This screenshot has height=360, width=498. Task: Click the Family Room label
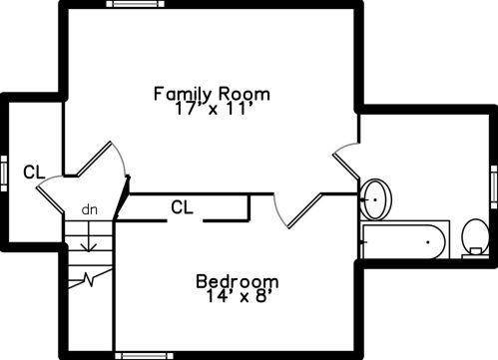212,94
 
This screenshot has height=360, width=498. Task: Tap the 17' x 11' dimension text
212,109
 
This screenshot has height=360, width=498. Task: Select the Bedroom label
238,282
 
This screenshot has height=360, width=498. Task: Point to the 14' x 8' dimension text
238,296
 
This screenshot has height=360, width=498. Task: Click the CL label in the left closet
34,173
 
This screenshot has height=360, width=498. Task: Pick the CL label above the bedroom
182,207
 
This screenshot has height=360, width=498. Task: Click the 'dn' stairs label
90,210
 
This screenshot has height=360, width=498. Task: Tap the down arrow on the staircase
89,236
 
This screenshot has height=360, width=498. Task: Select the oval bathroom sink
376,199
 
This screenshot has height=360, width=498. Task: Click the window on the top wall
135,4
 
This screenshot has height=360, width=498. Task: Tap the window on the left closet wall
4,174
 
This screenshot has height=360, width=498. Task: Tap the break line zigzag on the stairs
90,278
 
